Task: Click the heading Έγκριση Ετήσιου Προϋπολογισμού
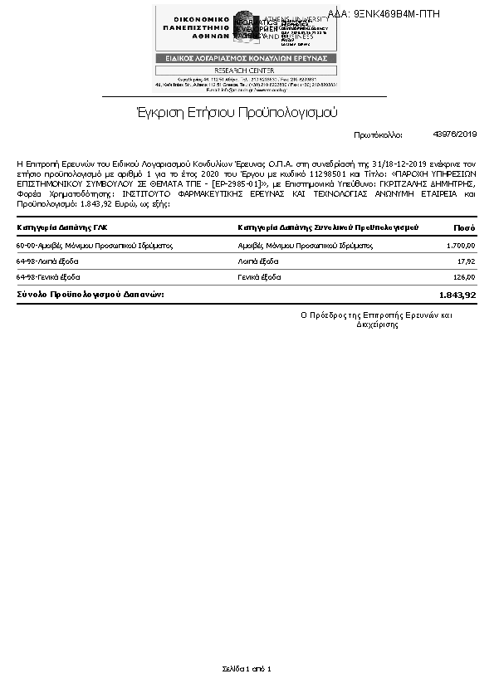pos(237,112)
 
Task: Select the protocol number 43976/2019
pos(455,134)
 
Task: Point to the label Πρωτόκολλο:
pos(378,134)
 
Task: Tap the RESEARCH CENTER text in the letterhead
pos(245,71)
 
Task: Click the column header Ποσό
pos(464,227)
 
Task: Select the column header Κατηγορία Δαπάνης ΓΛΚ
pos(62,227)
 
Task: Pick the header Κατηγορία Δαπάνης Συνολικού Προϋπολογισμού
pos(328,227)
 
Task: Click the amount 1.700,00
pos(461,246)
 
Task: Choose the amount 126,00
pos(463,277)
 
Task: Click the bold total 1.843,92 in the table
pos(457,295)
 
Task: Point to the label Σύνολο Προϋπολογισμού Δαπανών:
pos(90,295)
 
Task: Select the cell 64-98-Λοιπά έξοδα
pos(47,261)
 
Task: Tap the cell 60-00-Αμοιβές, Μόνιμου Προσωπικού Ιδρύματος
pos(94,246)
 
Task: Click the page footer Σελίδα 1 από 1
pos(247,668)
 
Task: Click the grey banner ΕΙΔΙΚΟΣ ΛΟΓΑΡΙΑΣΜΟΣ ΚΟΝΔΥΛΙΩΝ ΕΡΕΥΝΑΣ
pos(246,58)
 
